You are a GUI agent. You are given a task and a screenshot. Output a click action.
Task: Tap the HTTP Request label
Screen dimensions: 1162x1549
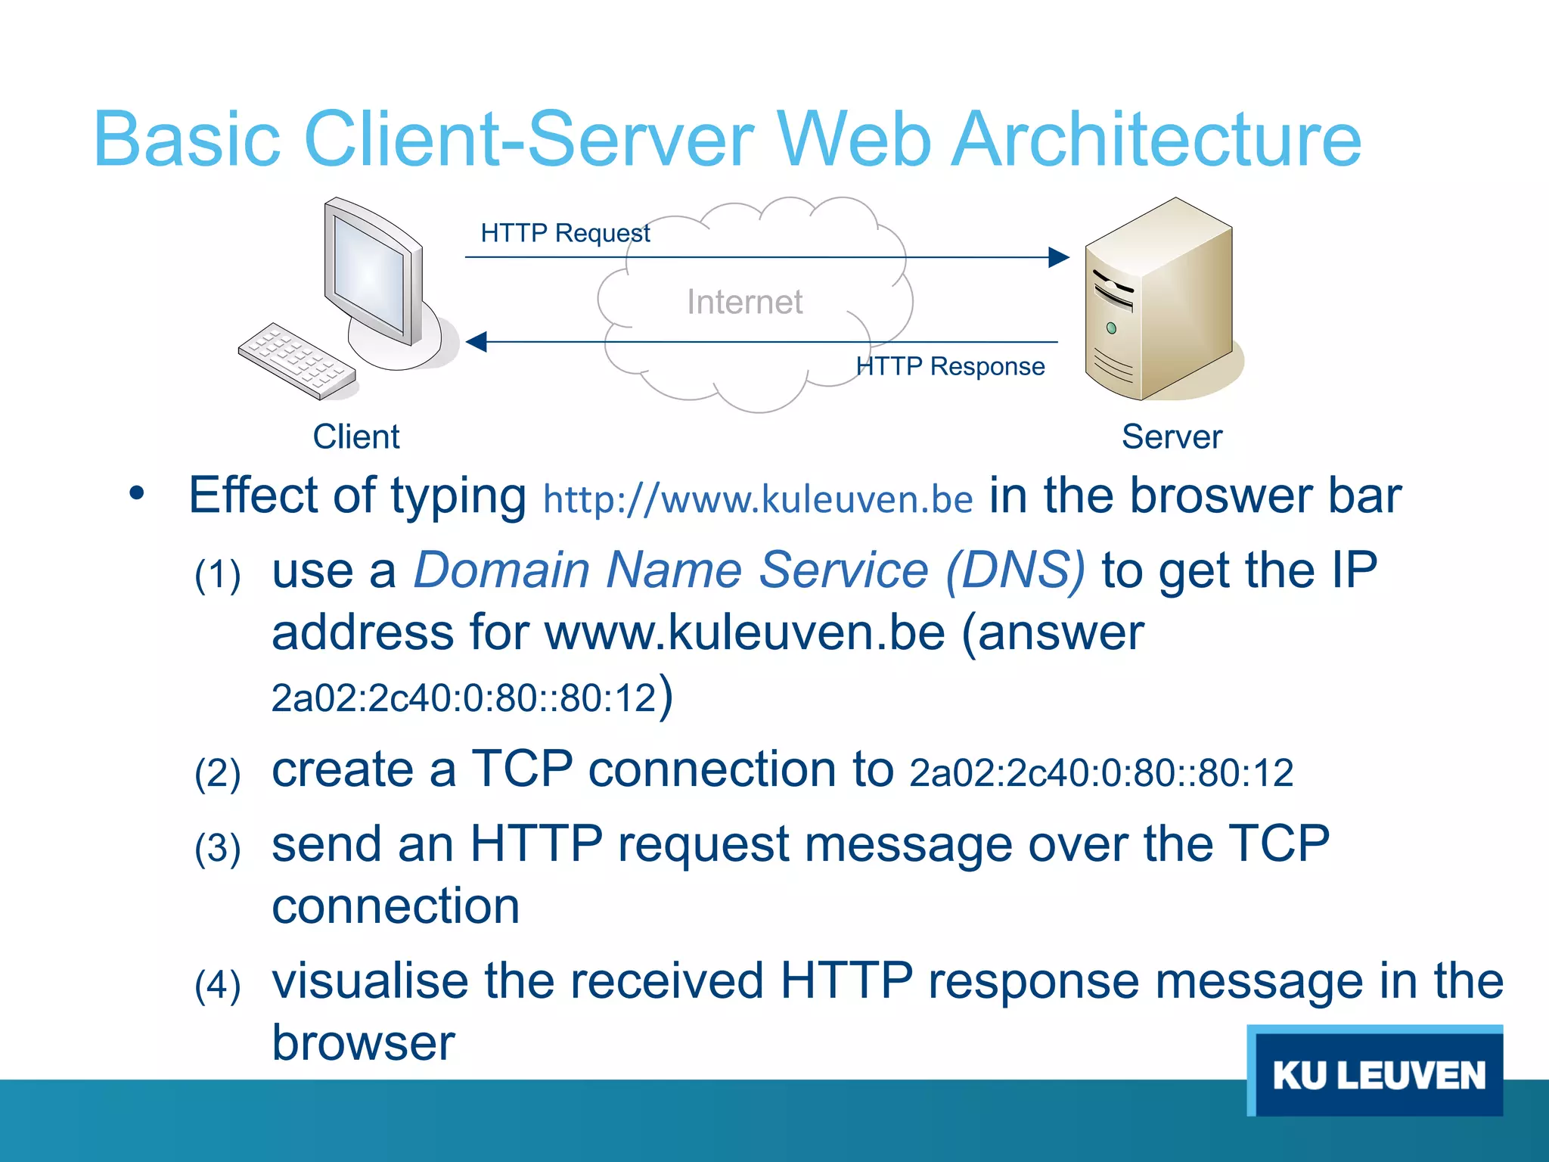(x=565, y=233)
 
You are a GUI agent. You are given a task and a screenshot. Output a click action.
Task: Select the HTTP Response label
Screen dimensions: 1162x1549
(x=950, y=366)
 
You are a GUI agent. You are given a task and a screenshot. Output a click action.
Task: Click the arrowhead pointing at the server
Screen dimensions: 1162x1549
(x=1058, y=257)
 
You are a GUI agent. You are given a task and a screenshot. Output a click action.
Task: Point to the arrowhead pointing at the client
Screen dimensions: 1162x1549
(x=476, y=342)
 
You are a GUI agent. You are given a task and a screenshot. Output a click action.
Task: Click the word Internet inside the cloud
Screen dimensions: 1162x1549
(x=744, y=302)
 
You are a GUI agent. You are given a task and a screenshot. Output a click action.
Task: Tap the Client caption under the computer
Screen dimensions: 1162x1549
(x=356, y=437)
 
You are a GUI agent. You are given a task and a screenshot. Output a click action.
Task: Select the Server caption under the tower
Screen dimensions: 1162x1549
(x=1172, y=437)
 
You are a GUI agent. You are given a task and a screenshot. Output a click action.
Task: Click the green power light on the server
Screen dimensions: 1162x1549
(x=1111, y=328)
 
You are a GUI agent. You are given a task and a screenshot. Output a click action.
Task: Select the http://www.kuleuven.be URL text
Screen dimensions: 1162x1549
(x=758, y=499)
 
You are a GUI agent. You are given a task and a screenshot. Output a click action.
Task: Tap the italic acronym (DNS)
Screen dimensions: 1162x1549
(x=1015, y=569)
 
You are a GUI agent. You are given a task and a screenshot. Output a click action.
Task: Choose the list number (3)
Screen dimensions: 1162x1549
(x=218, y=847)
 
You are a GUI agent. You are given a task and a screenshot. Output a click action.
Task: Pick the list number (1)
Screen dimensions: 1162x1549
(x=218, y=575)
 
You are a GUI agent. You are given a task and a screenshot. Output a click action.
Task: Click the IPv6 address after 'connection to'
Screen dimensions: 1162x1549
(x=1101, y=773)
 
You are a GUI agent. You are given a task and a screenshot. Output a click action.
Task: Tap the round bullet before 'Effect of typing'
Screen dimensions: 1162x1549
(x=136, y=494)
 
